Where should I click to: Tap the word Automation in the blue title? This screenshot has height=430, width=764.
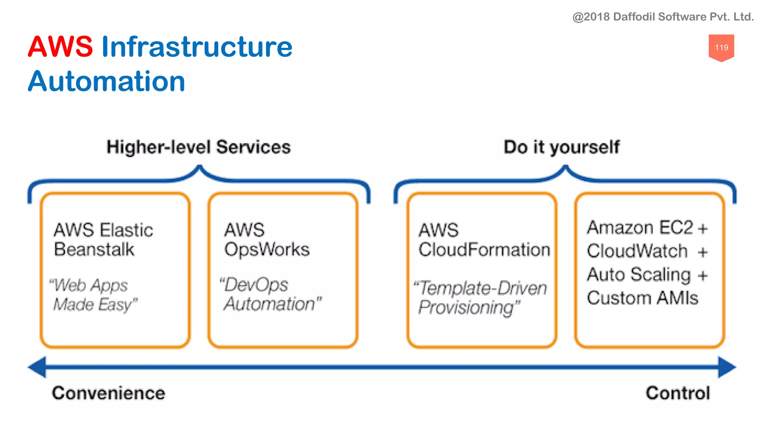pos(107,81)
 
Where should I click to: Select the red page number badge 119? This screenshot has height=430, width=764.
pos(721,47)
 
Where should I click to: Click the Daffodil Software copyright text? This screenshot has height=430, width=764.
pos(663,17)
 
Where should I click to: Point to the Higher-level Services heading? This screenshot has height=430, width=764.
pos(198,147)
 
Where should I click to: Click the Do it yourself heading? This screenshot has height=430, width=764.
pos(561,147)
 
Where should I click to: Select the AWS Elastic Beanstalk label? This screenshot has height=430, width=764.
pos(103,240)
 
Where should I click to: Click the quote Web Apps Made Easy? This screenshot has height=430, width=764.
pos(93,295)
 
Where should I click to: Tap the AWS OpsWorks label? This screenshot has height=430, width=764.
pos(266,240)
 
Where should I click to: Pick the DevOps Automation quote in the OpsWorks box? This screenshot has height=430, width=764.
pos(270,294)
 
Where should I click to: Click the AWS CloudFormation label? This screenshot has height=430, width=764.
pos(484,240)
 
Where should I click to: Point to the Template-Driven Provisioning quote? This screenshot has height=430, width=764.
pos(480,297)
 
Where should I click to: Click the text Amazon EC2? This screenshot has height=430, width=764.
pos(640,228)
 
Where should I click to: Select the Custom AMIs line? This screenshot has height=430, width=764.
pos(642,298)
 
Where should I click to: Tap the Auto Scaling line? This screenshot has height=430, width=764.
pos(639,275)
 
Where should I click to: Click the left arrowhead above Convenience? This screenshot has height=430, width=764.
pos(38,367)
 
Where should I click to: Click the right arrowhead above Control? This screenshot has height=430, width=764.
pos(726,367)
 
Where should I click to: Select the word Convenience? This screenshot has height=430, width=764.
pos(109,393)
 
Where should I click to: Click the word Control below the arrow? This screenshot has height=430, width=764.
pos(678,393)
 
